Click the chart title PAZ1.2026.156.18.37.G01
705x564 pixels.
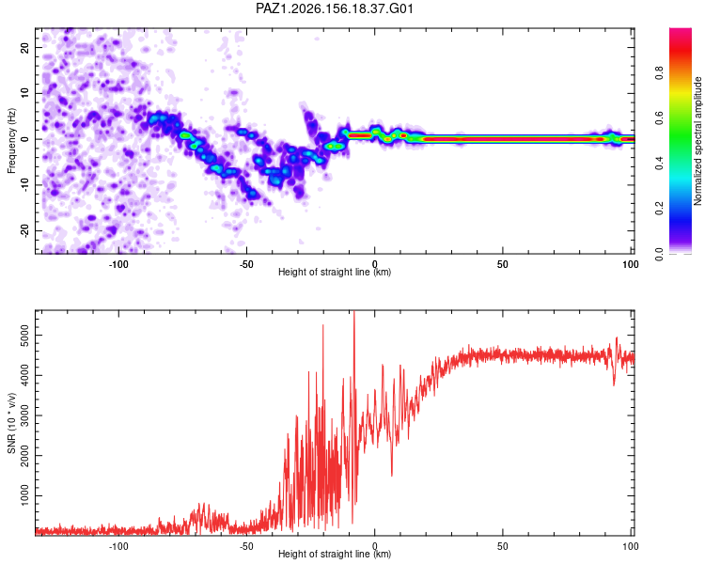pyautogui.click(x=334, y=8)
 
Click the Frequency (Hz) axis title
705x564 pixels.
pyautogui.click(x=11, y=141)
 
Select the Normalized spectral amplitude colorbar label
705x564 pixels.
pyautogui.click(x=697, y=141)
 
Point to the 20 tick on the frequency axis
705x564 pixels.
pyautogui.click(x=24, y=47)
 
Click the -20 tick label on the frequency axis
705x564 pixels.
pyautogui.click(x=24, y=230)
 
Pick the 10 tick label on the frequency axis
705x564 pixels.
pyautogui.click(x=24, y=93)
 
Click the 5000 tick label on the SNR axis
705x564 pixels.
pyautogui.click(x=24, y=335)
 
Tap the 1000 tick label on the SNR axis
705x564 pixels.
pyautogui.click(x=24, y=495)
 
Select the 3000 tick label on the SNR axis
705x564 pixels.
pyautogui.click(x=24, y=415)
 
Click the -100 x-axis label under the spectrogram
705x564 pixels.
pyautogui.click(x=118, y=264)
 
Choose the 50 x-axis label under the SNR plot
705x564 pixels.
pyautogui.click(x=503, y=546)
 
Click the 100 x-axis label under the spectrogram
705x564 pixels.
pyautogui.click(x=631, y=264)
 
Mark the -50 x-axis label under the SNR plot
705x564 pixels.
pyautogui.click(x=246, y=546)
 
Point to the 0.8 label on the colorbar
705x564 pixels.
pyautogui.click(x=659, y=72)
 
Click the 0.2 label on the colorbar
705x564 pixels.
pyautogui.click(x=659, y=209)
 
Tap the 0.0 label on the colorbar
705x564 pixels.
pyautogui.click(x=659, y=254)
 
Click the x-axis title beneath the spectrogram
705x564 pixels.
pyautogui.click(x=335, y=272)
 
